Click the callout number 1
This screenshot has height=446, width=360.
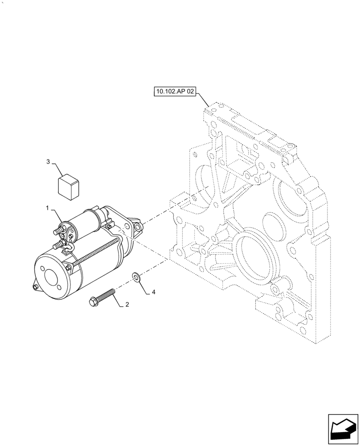[47, 208]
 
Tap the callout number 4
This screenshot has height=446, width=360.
[153, 293]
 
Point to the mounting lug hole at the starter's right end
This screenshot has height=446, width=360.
[139, 227]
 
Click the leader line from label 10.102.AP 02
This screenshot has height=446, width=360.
[202, 99]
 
